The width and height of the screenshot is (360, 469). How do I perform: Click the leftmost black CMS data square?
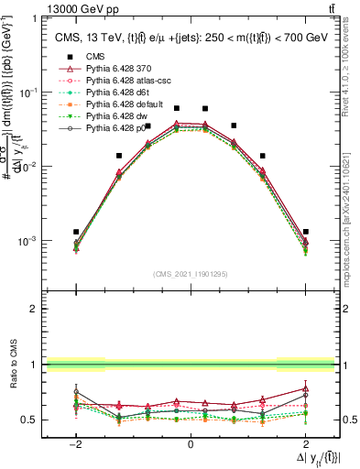coord(76,232)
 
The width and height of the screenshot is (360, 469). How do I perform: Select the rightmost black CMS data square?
coord(305,232)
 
